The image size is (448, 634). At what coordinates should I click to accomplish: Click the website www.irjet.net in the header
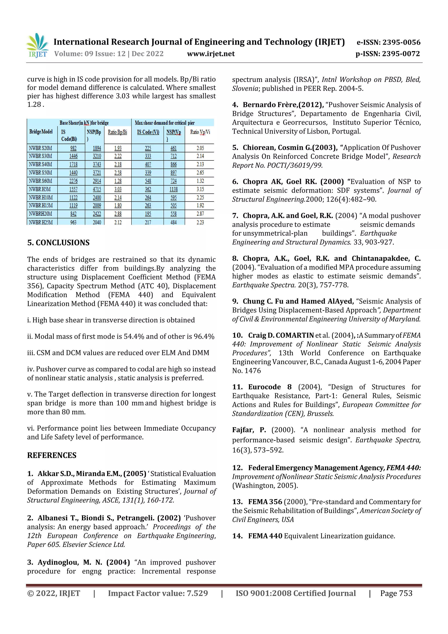coord(211,54)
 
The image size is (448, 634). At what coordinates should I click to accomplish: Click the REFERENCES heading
coord(52,455)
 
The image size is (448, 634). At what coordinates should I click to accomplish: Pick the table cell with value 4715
coord(97,190)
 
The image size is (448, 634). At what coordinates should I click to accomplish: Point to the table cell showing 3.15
coord(200,190)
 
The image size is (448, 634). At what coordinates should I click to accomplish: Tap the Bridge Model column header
coord(41,132)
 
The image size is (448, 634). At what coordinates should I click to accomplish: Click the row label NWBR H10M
coord(41,198)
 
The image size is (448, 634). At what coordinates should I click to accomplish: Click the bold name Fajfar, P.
coord(249,430)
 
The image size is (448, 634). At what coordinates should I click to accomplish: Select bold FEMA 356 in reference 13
coord(265,502)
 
